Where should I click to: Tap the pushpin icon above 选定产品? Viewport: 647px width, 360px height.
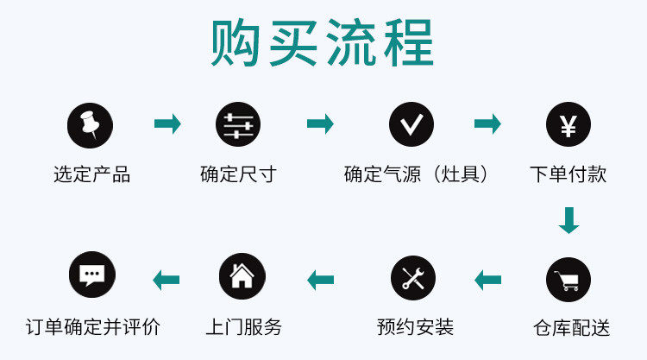click(90, 125)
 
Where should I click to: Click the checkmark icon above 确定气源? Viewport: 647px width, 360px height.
click(411, 125)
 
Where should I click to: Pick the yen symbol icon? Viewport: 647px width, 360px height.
click(568, 125)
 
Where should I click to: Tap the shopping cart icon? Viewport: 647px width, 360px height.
click(568, 279)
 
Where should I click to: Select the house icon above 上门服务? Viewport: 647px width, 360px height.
click(242, 276)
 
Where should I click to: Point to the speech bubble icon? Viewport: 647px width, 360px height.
click(91, 275)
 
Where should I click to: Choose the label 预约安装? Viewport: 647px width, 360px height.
click(415, 326)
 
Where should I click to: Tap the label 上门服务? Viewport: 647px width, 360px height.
click(243, 326)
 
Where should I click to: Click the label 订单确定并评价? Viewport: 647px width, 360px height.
click(92, 326)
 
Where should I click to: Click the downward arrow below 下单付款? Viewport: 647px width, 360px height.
click(568, 220)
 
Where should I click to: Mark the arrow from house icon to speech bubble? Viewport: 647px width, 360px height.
click(166, 279)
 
